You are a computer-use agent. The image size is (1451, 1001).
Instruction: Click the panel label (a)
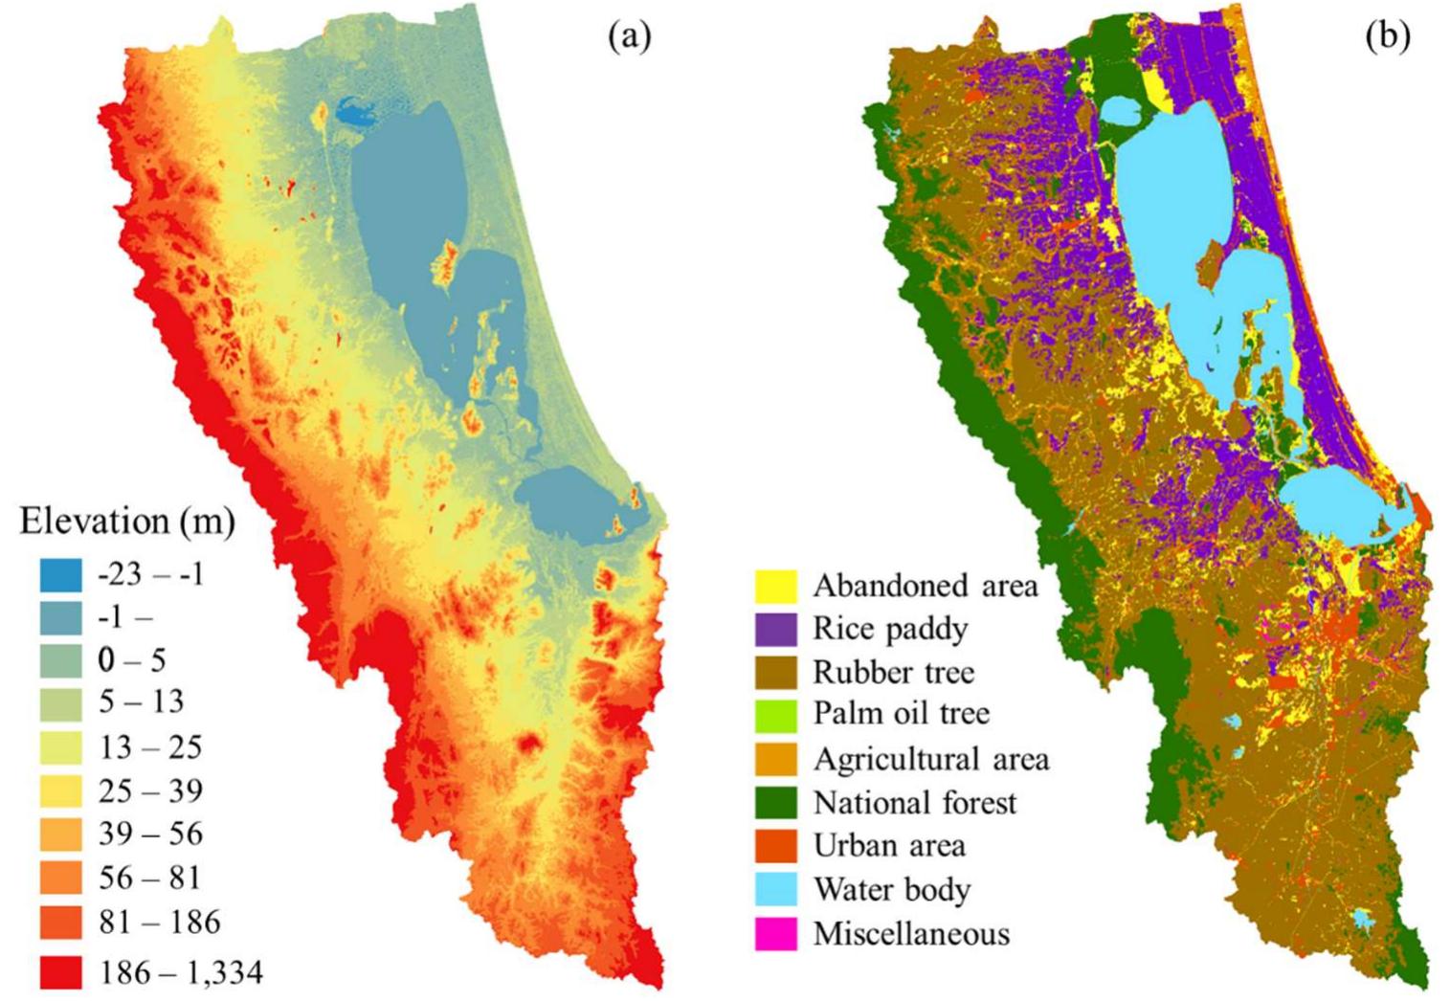[x=629, y=36]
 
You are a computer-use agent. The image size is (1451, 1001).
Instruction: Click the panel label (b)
[x=1387, y=36]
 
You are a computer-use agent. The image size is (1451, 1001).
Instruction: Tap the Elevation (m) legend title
[x=127, y=522]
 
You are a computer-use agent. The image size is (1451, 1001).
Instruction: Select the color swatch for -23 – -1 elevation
[x=60, y=574]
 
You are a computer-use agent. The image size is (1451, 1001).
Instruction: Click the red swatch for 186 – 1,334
[x=60, y=972]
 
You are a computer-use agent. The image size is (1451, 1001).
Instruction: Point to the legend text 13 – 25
[x=150, y=746]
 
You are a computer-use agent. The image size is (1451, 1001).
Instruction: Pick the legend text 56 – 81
[x=150, y=878]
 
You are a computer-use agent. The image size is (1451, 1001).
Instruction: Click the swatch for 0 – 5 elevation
[x=60, y=660]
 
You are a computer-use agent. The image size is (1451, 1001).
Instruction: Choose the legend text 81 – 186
[x=159, y=922]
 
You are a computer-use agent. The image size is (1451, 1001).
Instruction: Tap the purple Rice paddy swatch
[x=775, y=629]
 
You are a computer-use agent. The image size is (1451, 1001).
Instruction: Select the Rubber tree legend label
[x=893, y=672]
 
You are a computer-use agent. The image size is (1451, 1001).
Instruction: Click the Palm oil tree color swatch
[x=775, y=715]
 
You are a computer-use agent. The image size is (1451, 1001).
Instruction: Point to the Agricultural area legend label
[x=930, y=759]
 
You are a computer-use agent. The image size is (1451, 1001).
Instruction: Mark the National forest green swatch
[x=775, y=802]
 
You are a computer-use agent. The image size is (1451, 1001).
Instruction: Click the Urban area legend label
[x=889, y=846]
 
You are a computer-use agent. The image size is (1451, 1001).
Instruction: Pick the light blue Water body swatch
[x=775, y=889]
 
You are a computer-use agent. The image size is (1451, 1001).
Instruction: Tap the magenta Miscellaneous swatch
[x=775, y=933]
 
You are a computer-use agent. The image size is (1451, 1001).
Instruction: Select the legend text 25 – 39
[x=150, y=790]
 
